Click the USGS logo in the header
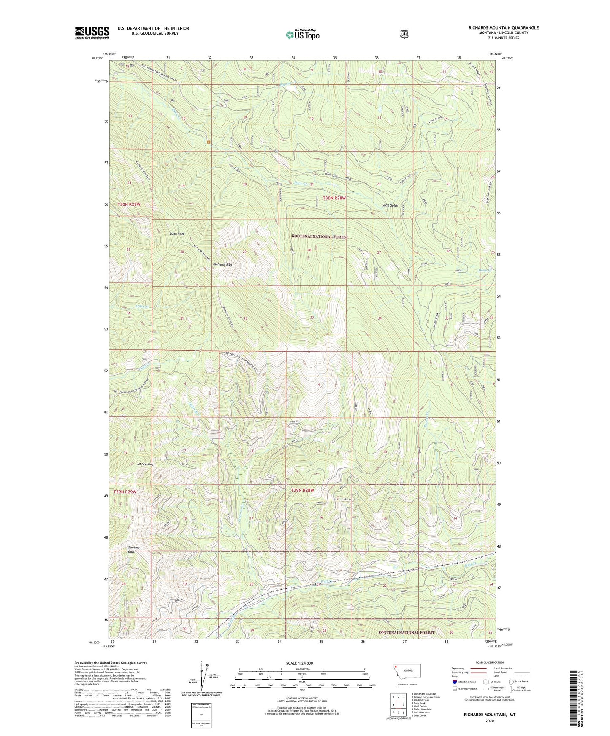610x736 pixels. click(x=92, y=32)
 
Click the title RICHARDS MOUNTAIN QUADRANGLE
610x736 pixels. click(x=503, y=28)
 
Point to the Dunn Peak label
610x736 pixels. click(x=177, y=234)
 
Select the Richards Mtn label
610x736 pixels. click(x=222, y=264)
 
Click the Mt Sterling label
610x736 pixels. click(x=145, y=464)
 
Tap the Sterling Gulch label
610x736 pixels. click(x=134, y=549)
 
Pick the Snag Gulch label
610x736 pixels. click(x=390, y=205)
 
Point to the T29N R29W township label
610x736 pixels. click(x=125, y=492)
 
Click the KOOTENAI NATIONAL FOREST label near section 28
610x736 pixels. click(x=320, y=237)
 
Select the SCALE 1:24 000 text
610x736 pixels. click(x=301, y=663)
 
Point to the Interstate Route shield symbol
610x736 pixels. click(x=455, y=682)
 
